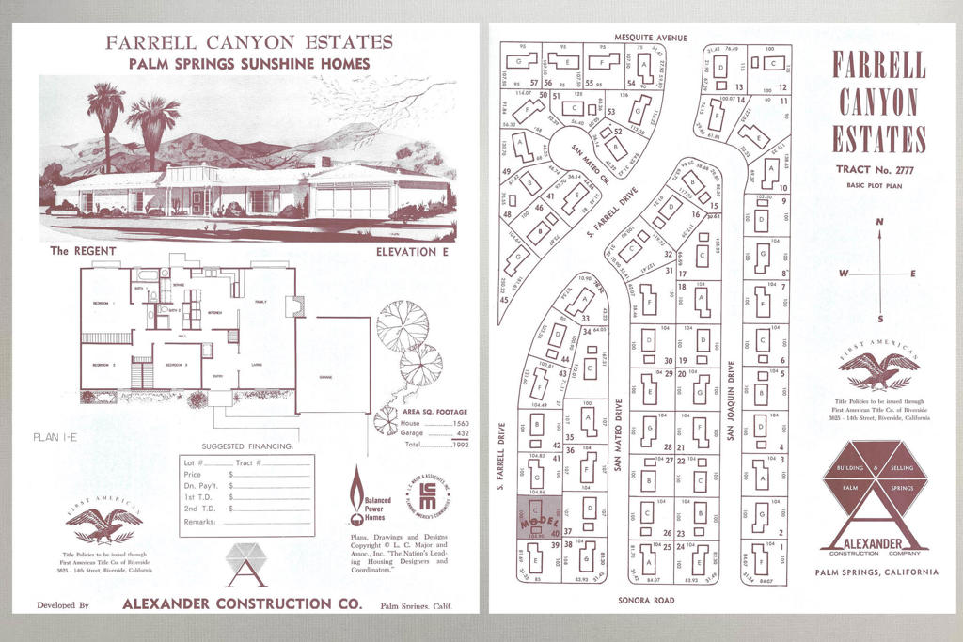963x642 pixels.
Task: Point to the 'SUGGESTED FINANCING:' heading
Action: click(x=248, y=446)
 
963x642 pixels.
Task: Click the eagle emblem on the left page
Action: click(x=103, y=525)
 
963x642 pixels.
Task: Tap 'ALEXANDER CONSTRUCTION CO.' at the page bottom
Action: click(x=242, y=604)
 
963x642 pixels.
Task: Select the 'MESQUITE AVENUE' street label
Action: click(x=651, y=38)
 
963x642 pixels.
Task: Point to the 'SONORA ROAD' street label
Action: click(x=649, y=598)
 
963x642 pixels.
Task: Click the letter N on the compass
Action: click(x=879, y=222)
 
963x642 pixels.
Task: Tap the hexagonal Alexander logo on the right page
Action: click(x=874, y=495)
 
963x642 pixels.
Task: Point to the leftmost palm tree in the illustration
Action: click(x=105, y=117)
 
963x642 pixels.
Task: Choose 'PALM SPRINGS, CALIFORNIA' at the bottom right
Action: click(x=876, y=572)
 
